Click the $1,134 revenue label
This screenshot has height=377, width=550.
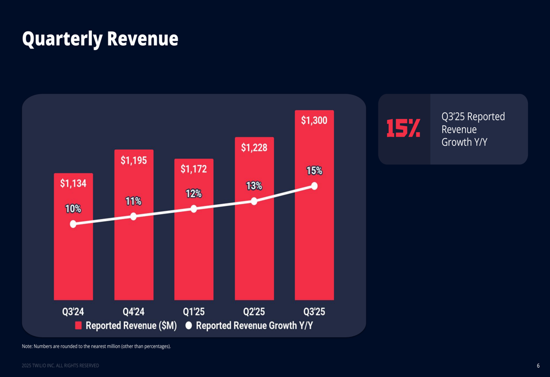tap(73, 184)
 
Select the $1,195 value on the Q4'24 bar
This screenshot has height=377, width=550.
tap(134, 160)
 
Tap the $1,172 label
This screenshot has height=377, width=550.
tap(194, 169)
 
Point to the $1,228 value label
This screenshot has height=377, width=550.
tap(254, 147)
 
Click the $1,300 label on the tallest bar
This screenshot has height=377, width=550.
tap(314, 121)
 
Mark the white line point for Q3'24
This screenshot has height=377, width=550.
tap(73, 224)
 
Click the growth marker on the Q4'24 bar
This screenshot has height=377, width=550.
tap(134, 217)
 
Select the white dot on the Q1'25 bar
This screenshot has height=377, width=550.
tap(194, 209)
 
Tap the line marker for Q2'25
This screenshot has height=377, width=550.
tap(254, 201)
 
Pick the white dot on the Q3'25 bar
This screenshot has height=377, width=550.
tap(314, 186)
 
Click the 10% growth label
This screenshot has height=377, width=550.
tap(73, 209)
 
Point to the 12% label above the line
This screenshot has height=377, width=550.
tap(194, 194)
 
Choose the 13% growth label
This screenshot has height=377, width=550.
tap(254, 186)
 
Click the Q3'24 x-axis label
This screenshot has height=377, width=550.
tap(73, 312)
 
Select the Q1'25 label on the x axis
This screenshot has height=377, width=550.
tap(194, 312)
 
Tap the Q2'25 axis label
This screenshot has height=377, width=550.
tap(254, 312)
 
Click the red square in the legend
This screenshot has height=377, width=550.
tap(79, 326)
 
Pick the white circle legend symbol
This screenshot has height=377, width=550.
tap(189, 326)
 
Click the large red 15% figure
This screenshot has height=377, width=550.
tap(403, 128)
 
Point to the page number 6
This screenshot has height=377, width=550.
tap(538, 366)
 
